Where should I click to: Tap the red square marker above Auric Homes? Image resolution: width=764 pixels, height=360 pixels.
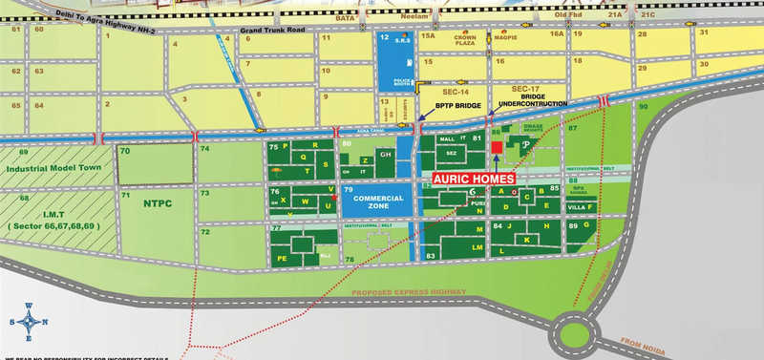[497, 147]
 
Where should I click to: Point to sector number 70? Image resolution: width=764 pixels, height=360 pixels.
[125, 152]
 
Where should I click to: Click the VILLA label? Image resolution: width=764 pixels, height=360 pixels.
[576, 207]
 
